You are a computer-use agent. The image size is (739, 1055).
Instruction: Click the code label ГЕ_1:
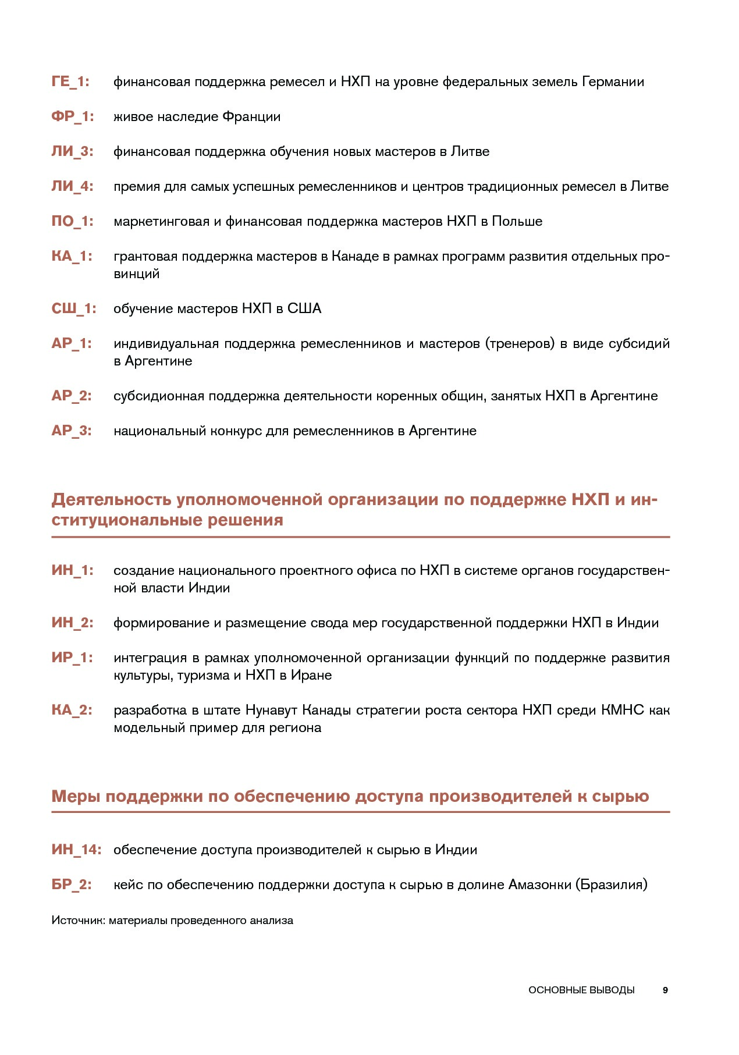(x=70, y=81)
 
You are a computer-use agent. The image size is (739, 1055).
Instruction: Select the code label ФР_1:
(x=72, y=116)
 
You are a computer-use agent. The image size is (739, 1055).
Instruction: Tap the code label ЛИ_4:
(x=72, y=186)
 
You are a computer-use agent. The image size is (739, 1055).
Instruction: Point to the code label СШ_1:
(x=74, y=308)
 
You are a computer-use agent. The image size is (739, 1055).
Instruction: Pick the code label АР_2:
(x=72, y=396)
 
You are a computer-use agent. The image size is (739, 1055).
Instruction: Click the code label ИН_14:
(x=76, y=850)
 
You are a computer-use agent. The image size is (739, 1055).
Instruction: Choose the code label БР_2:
(x=72, y=885)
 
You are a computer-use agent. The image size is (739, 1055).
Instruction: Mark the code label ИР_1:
(x=72, y=658)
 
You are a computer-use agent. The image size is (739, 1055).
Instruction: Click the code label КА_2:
(x=72, y=710)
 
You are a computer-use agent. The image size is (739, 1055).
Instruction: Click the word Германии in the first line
(x=613, y=81)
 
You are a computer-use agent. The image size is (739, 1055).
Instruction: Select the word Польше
(x=517, y=221)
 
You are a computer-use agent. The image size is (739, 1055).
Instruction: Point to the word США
(x=304, y=308)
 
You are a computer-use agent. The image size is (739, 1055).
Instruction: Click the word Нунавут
(x=271, y=710)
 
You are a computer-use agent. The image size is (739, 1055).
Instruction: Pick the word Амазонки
(x=539, y=885)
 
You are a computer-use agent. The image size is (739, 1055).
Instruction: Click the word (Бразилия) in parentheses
(x=611, y=885)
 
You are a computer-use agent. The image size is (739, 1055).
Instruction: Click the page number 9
(x=665, y=990)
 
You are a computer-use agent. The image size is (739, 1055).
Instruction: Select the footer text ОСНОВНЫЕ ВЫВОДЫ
(x=581, y=990)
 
